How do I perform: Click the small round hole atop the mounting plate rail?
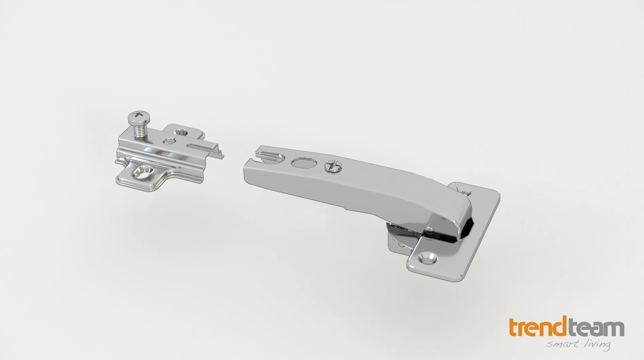point(169,141)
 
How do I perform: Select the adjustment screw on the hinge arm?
point(333,166)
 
